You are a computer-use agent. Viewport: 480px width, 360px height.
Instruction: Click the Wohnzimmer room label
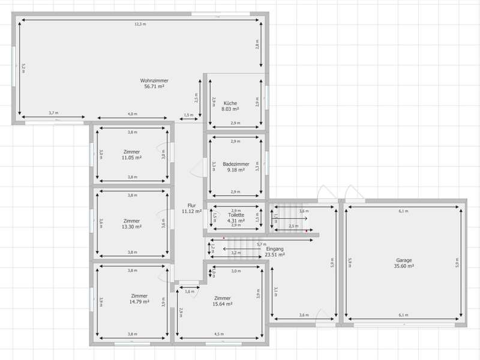(x=154, y=80)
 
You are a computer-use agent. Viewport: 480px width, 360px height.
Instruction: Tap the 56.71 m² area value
(x=154, y=86)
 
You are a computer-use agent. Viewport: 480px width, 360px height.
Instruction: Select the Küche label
(x=230, y=103)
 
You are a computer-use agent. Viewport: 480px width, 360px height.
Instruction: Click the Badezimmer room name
(x=236, y=164)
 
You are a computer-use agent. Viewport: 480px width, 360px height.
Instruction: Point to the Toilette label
(x=236, y=215)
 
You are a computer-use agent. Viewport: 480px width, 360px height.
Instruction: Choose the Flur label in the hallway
(x=191, y=205)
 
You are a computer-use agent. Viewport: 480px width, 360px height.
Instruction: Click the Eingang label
(x=274, y=248)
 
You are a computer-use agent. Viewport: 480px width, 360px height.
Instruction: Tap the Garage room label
(x=404, y=260)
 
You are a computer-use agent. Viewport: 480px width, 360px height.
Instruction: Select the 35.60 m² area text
(x=404, y=266)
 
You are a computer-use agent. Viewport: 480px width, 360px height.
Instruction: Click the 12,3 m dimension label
(x=140, y=25)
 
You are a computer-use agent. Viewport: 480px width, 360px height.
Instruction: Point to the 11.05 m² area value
(x=132, y=157)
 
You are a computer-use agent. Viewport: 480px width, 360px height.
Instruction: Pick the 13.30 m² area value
(x=131, y=227)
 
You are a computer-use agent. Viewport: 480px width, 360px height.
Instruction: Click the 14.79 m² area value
(x=139, y=302)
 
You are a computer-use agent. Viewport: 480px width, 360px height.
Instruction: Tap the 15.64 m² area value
(x=222, y=304)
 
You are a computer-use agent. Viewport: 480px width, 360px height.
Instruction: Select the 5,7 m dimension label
(x=261, y=244)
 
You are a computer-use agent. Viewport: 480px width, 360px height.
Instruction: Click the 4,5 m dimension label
(x=219, y=334)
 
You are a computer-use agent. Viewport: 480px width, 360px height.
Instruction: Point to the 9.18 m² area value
(x=236, y=170)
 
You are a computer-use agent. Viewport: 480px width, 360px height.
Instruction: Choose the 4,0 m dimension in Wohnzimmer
(x=132, y=114)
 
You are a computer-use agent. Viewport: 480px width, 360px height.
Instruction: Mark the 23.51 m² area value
(x=274, y=254)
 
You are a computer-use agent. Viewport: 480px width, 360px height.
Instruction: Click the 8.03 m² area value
(x=230, y=109)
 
